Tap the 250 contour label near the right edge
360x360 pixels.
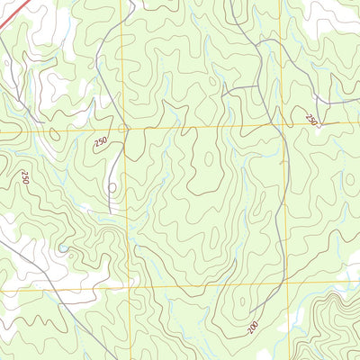[311, 119]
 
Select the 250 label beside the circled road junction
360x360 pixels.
[99, 142]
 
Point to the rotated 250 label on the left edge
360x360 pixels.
[24, 178]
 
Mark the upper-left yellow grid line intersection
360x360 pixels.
[124, 129]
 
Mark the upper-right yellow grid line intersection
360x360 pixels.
[283, 125]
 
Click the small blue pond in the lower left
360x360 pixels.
[62, 249]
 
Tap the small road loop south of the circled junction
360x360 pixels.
[112, 188]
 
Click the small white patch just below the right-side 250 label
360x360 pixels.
[317, 135]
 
